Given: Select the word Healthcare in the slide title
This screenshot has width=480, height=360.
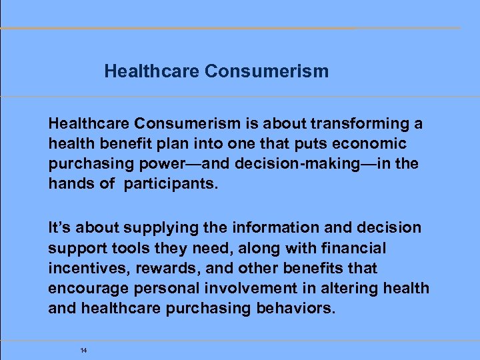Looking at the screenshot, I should click(152, 71).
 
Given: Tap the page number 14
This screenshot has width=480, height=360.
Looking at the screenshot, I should click(83, 350).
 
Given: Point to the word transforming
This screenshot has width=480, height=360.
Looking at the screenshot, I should click(363, 124).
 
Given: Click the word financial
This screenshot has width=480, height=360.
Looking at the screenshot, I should click(353, 248).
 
